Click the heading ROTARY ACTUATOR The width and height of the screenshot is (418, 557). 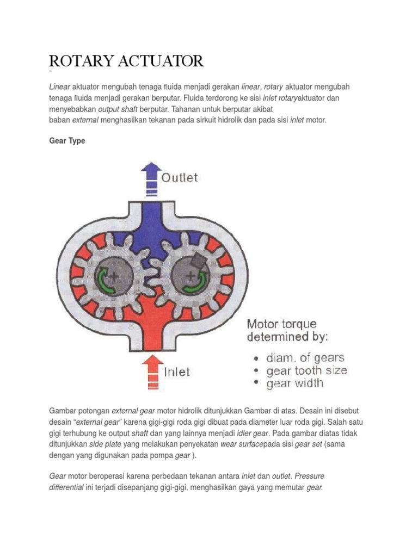(x=126, y=61)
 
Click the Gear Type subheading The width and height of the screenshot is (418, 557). (x=67, y=141)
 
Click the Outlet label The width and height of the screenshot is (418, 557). (x=181, y=177)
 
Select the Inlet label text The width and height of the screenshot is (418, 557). (x=177, y=372)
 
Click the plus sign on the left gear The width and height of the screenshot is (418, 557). (x=114, y=276)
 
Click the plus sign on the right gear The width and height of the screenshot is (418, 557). (x=190, y=276)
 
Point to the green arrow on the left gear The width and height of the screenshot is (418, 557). (x=103, y=281)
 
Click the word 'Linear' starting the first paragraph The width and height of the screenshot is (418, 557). (x=60, y=87)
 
